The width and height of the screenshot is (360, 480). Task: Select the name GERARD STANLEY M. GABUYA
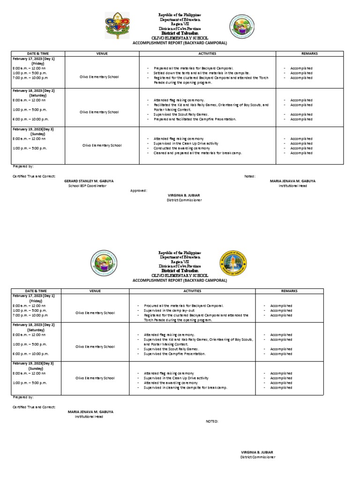coord(89,180)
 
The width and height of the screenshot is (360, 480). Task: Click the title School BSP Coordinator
coord(88,186)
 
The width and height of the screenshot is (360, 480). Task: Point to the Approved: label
coord(139,191)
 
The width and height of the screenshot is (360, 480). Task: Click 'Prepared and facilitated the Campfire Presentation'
coord(195,119)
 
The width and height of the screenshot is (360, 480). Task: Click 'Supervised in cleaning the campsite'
coord(185,388)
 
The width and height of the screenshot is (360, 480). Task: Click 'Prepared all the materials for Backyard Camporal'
coord(193,68)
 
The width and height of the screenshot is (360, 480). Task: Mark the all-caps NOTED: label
coord(212,421)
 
